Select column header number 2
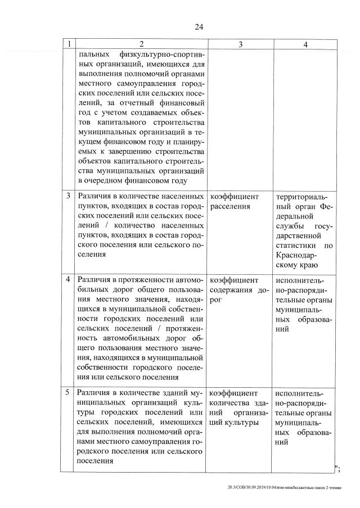coord(141,45)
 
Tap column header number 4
coord(304,45)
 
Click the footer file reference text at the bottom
coord(285,488)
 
